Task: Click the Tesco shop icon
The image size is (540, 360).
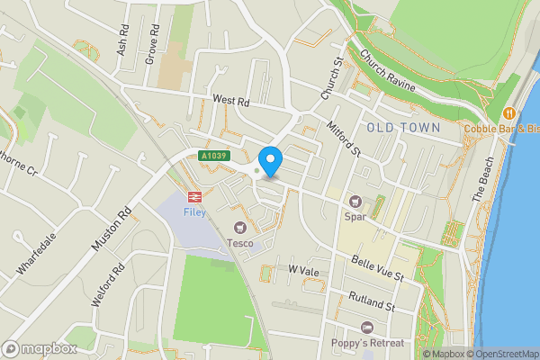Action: tap(240, 228)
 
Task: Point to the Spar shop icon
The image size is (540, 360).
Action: tap(355, 201)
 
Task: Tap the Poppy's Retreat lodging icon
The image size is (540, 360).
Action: tap(366, 328)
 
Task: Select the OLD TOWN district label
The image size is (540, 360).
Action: tap(403, 128)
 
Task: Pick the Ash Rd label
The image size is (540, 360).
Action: tap(122, 41)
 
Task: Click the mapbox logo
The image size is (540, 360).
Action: tap(38, 348)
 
